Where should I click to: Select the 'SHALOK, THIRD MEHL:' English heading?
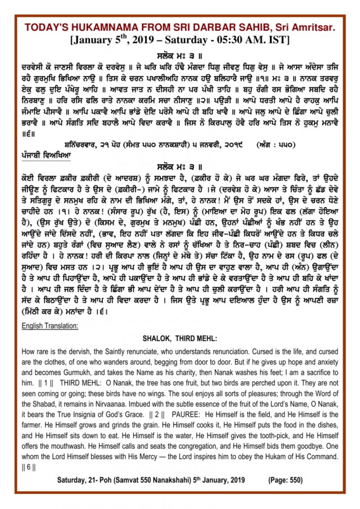click(178, 339)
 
